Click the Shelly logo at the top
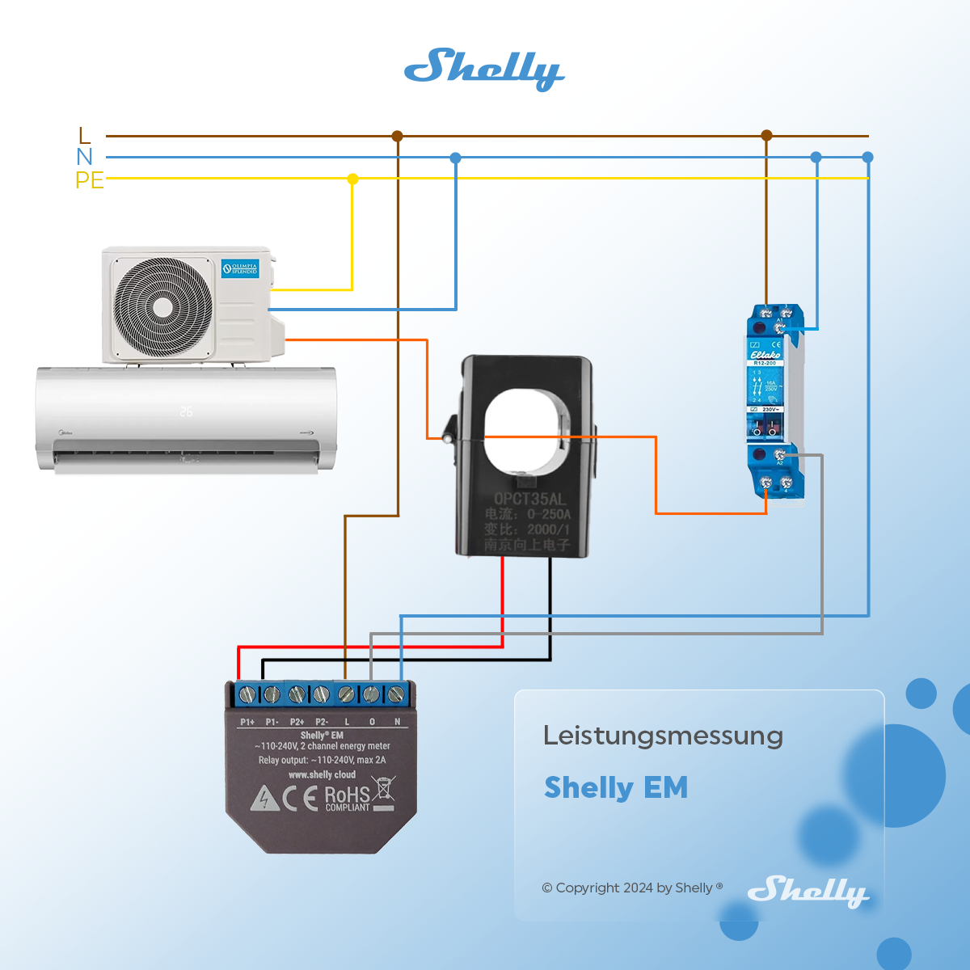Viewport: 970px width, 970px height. coord(484,69)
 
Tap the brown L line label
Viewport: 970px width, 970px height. coord(85,135)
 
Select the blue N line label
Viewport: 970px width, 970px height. coord(85,157)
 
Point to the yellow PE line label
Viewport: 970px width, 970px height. coord(90,179)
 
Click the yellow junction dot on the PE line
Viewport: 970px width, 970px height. coord(352,179)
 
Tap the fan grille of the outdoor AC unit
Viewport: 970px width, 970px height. coord(162,307)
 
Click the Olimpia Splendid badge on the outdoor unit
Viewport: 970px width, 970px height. coord(240,268)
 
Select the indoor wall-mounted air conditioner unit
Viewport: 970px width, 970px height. coord(186,419)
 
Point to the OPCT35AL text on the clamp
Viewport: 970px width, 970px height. coord(529,499)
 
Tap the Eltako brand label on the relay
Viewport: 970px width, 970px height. coord(765,354)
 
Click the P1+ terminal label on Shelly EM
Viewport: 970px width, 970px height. coord(247,722)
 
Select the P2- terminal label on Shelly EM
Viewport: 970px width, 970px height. coord(322,722)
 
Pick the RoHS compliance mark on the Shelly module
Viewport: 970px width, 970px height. coord(348,798)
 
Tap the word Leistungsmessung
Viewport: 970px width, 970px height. coord(663,736)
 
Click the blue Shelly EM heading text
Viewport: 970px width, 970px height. coord(616,787)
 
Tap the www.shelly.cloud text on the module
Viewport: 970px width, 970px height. coord(322,774)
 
